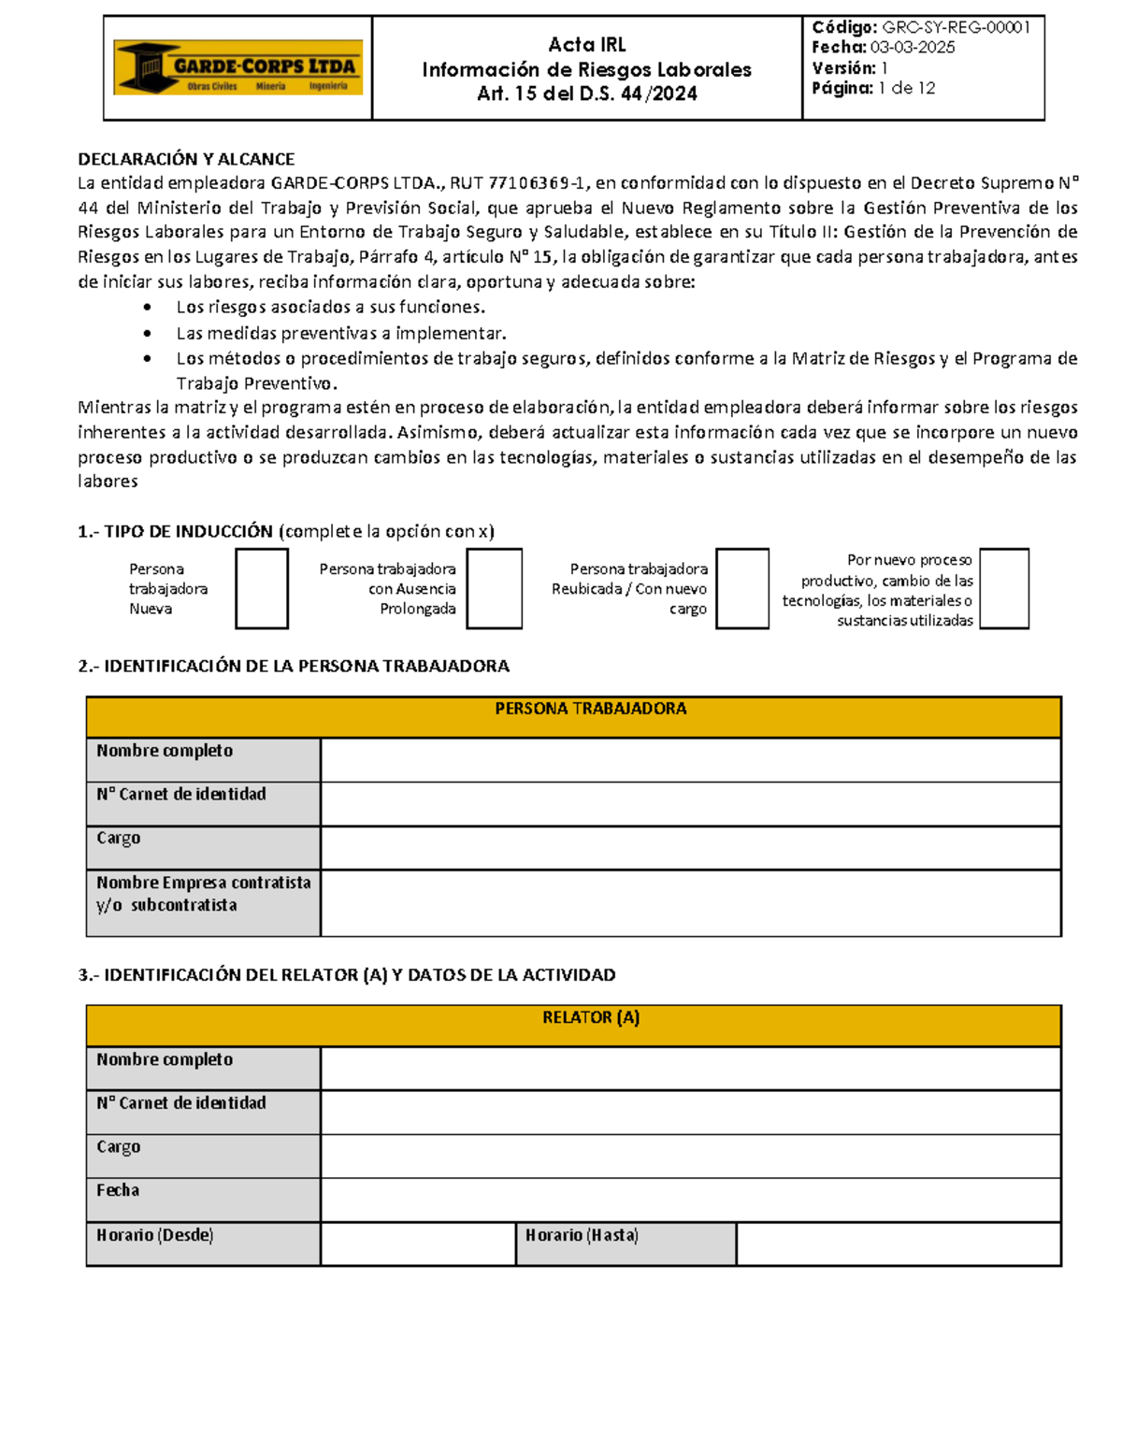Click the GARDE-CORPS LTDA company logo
tap(237, 67)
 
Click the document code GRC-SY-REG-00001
tap(956, 27)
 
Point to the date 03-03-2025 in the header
tap(912, 48)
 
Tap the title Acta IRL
tap(586, 44)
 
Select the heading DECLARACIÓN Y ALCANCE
tap(186, 159)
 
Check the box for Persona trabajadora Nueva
tap(262, 589)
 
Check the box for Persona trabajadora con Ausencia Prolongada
tap(494, 589)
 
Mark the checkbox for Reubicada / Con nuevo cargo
tap(742, 589)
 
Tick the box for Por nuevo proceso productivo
tap(1004, 589)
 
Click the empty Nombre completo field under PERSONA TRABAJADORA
tap(690, 759)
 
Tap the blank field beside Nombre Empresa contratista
tap(690, 902)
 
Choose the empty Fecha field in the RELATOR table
tap(690, 1200)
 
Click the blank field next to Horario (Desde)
tap(418, 1244)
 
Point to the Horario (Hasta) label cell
tap(626, 1244)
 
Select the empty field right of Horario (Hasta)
tap(898, 1244)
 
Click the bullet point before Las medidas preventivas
tap(148, 334)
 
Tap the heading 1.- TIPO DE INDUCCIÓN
tap(176, 531)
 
